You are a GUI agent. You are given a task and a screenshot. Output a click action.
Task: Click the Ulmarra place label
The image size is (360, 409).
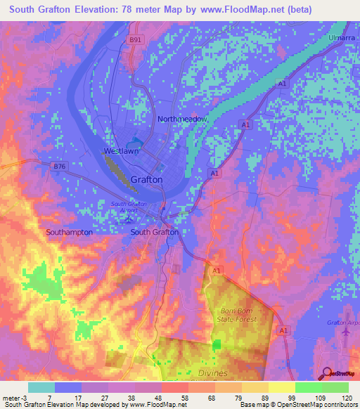point(339,37)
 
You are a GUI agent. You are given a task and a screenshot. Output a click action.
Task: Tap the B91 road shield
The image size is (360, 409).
point(136,41)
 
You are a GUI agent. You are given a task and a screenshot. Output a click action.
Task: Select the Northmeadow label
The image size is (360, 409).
point(182,119)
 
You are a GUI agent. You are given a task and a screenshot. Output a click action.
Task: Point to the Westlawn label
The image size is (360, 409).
point(122,151)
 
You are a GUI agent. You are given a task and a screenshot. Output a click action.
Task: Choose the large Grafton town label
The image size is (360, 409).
point(147,179)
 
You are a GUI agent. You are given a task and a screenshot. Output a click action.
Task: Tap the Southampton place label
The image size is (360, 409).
point(69,232)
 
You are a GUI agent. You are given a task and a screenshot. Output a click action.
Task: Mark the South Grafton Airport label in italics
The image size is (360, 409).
point(127,207)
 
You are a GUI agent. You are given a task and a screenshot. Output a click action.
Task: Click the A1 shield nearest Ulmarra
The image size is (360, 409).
point(281,84)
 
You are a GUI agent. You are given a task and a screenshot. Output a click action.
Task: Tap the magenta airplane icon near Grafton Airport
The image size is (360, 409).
point(345,332)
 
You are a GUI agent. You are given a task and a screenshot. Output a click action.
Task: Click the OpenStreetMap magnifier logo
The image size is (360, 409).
point(325,374)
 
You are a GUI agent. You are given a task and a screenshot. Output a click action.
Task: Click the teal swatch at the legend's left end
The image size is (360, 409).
point(41,387)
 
